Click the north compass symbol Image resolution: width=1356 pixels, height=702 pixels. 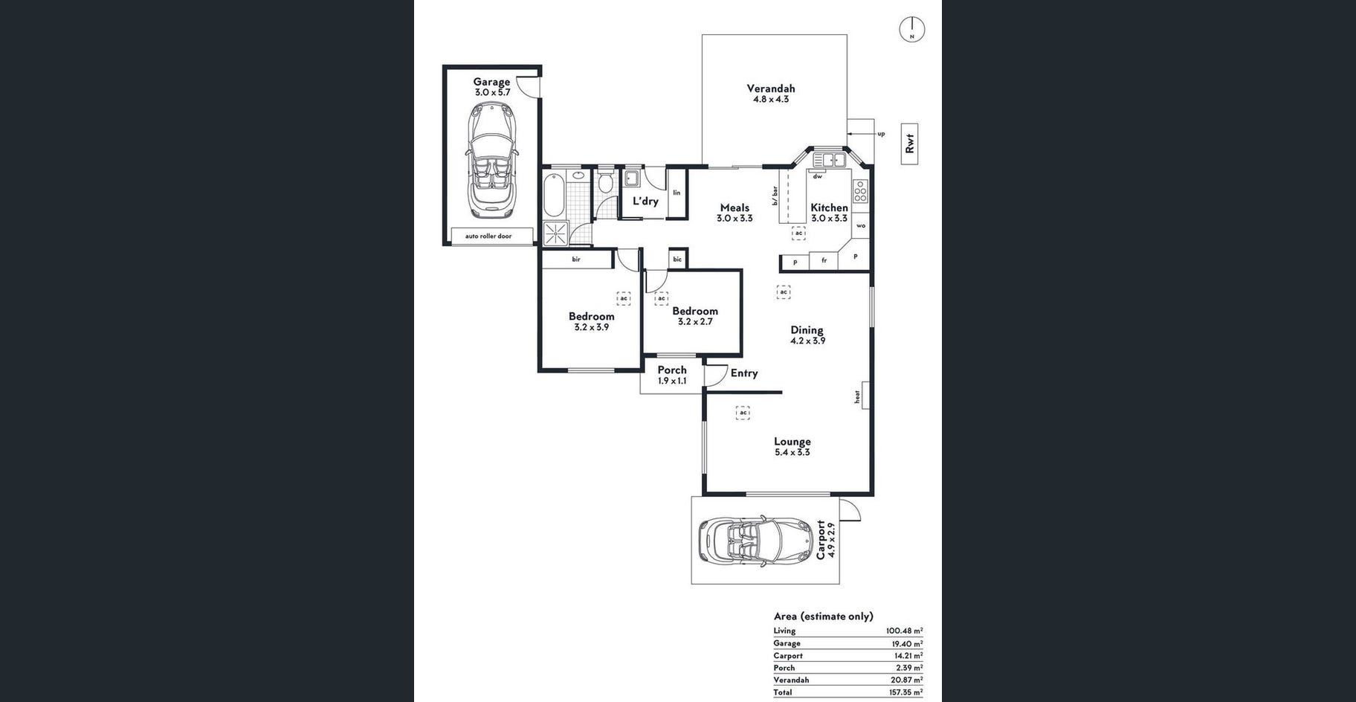912,30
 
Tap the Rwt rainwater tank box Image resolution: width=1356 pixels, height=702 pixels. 909,144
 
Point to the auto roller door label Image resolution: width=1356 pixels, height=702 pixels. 488,236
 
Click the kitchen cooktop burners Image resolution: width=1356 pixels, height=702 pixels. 860,191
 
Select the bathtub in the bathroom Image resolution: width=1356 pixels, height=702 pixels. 553,194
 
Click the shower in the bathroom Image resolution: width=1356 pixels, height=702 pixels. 555,234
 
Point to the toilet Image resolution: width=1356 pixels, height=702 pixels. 605,181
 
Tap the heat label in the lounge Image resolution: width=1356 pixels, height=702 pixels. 857,397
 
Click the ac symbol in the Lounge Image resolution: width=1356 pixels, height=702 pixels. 742,413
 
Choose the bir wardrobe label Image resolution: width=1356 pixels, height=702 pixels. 576,260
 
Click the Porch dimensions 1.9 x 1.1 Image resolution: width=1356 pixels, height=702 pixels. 672,381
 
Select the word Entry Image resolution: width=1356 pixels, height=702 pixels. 744,373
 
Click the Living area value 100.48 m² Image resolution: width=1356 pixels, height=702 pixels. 905,631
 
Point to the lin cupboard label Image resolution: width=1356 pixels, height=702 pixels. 677,193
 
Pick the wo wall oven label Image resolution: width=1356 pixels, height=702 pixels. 861,225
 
